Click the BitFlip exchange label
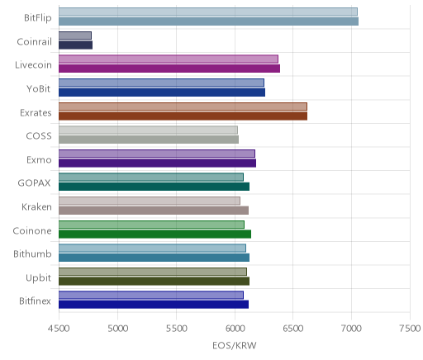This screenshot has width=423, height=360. click(38, 18)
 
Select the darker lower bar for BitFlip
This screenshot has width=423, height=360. click(208, 21)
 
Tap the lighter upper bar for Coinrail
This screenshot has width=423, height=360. click(75, 36)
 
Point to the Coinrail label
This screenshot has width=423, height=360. click(34, 42)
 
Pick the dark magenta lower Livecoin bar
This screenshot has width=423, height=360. click(169, 69)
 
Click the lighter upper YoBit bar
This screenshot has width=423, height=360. click(161, 83)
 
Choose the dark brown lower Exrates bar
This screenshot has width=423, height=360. click(183, 116)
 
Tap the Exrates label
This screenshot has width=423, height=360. click(36, 113)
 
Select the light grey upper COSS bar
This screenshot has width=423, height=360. click(148, 130)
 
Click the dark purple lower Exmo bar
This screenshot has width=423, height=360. click(157, 163)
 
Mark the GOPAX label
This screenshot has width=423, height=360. click(34, 183)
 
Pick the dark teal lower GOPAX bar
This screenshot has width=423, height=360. click(154, 187)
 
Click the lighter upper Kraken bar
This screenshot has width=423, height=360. click(150, 201)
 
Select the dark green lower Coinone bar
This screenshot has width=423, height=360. click(154, 234)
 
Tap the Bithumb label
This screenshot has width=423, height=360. click(32, 253)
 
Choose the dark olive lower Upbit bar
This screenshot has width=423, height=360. click(154, 281)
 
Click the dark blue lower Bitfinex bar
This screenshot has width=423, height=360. click(154, 305)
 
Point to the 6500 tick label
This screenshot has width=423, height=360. click(293, 329)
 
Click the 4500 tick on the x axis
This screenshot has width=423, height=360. click(59, 329)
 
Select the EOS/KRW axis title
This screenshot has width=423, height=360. click(235, 345)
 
